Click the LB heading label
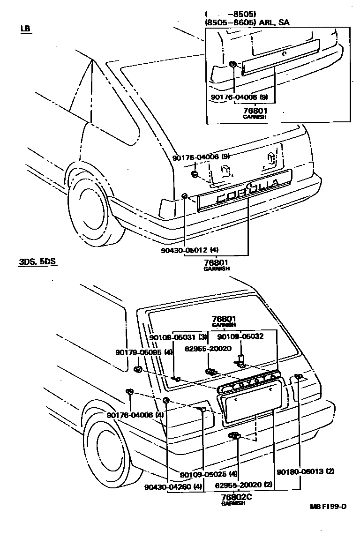pyautogui.click(x=25, y=29)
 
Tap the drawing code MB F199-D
pyautogui.click(x=328, y=507)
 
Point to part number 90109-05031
pyautogui.click(x=172, y=337)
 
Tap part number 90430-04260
pyautogui.click(x=167, y=487)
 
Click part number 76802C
pyautogui.click(x=236, y=497)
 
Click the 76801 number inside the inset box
pyautogui.click(x=255, y=111)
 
